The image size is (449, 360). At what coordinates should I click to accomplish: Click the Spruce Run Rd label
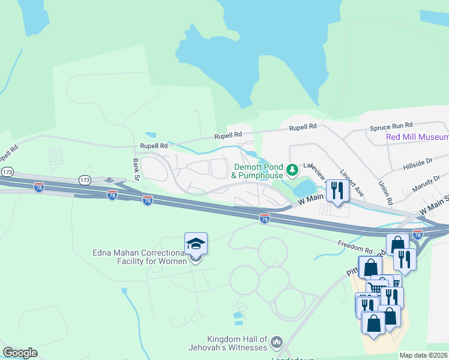click(x=391, y=126)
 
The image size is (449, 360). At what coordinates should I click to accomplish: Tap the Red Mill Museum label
click(x=417, y=137)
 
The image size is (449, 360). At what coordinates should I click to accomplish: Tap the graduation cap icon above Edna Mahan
click(x=196, y=244)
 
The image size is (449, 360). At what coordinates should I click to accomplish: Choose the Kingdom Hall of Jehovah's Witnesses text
click(x=236, y=344)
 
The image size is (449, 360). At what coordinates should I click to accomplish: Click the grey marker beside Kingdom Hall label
click(x=276, y=343)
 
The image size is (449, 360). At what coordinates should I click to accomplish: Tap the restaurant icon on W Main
click(x=337, y=191)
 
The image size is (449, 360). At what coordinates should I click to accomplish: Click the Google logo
click(x=20, y=352)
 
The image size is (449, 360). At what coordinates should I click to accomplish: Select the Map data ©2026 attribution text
click(x=423, y=355)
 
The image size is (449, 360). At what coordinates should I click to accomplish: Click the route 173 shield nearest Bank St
click(x=84, y=180)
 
